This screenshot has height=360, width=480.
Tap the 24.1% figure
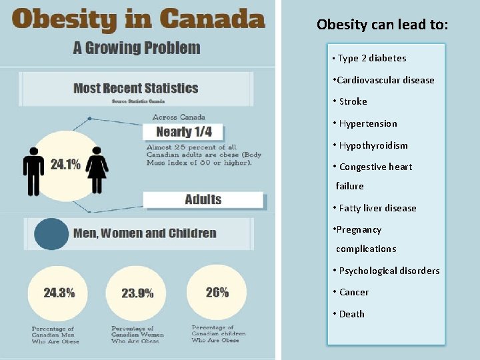pos(65,164)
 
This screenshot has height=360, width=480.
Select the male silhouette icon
pos(33,171)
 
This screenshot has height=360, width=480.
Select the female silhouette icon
pos(97,171)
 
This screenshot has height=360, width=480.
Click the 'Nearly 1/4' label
pos(184,131)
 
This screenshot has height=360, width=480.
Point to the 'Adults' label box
pos(203,199)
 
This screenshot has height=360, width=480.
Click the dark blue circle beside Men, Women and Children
pos(51,234)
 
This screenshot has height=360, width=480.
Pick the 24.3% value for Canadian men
pos(59,293)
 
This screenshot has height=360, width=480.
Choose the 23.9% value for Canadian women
pos(137,293)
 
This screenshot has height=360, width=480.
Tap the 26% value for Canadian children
pos(217,292)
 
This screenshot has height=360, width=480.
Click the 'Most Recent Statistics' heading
pos(135,88)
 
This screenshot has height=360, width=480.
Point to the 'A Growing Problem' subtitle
pos(137,48)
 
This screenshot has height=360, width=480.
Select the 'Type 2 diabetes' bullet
pos(372,58)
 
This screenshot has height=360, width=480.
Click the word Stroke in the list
pos(353,101)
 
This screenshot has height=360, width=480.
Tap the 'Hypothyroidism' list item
pos(373,145)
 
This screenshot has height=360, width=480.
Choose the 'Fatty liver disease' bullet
pos(377,208)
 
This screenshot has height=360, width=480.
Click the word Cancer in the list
pos(355,292)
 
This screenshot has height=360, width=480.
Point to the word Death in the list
pos(351,314)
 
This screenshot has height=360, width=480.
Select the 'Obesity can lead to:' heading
pos(383,25)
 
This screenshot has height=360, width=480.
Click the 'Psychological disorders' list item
pos(389,271)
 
